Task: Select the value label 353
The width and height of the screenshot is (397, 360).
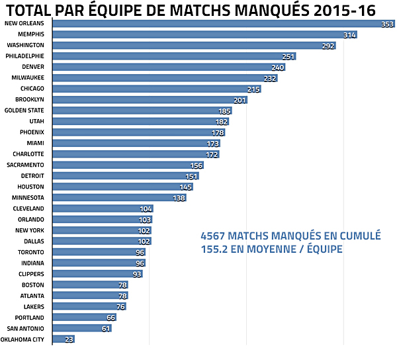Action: tap(387, 24)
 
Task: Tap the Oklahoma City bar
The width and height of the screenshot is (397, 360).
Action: tap(62, 339)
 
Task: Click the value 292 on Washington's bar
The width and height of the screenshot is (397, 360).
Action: tap(328, 46)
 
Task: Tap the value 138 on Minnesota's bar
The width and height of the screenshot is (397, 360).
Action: tap(179, 198)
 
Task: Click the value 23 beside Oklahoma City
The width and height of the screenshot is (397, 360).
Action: tap(69, 339)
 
